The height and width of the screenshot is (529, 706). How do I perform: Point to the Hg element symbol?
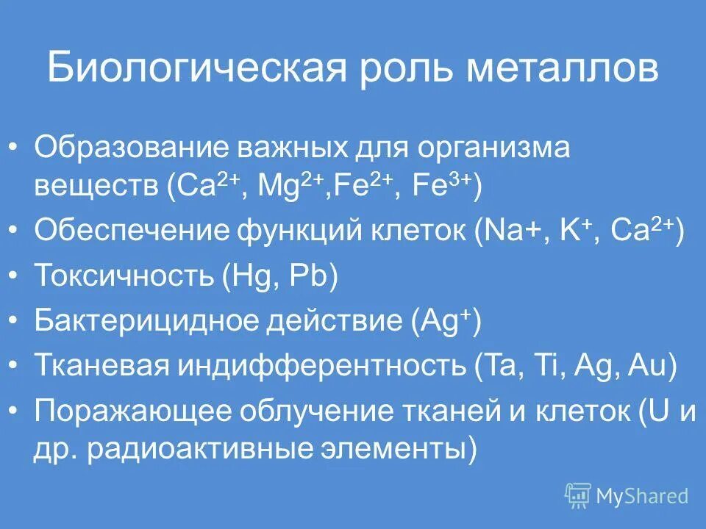pos(249,278)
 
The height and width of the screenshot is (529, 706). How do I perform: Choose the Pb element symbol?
pos(305,278)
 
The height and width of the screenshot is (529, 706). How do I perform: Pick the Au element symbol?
pos(647,367)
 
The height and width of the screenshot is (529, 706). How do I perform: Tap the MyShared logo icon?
pos(578,495)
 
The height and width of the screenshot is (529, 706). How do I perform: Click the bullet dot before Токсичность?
pos(15,277)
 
